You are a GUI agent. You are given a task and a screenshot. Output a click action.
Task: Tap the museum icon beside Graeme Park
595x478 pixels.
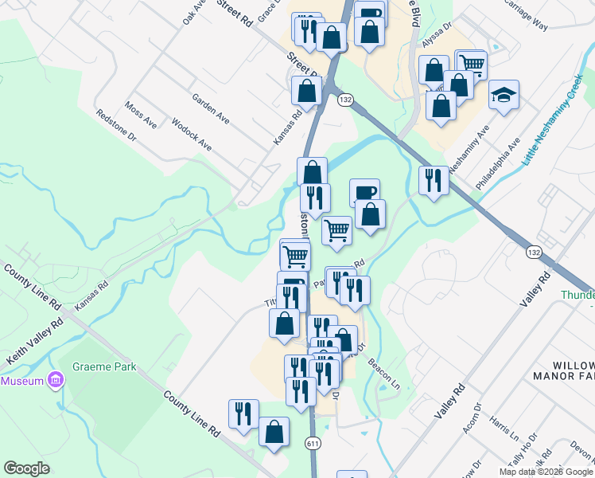(x=55, y=381)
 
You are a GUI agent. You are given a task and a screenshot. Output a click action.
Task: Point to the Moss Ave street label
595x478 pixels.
(x=141, y=116)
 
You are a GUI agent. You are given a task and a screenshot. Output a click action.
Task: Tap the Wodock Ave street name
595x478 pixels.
(x=192, y=135)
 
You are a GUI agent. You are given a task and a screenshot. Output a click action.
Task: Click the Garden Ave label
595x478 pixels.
(x=211, y=108)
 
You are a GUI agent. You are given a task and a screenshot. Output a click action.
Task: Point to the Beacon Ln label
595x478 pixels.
(x=386, y=370)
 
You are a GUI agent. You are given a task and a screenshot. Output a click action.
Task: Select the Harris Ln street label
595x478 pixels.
(x=504, y=427)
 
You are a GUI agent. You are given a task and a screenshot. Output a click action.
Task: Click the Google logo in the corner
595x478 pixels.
(x=26, y=468)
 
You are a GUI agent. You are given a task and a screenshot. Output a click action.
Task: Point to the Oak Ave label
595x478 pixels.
(x=193, y=12)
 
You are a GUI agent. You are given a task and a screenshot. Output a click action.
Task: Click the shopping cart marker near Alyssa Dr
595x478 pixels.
(x=472, y=64)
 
